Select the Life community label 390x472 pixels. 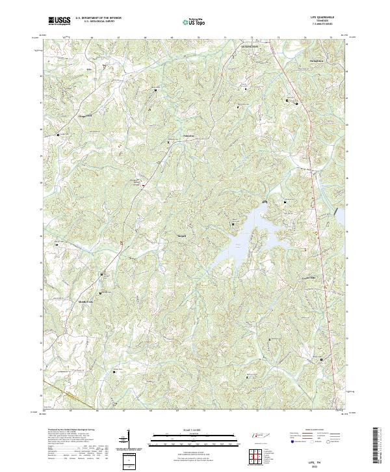coord(90,68)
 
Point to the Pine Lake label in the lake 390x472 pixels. coord(238,245)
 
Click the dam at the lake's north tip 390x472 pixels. coord(263,204)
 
